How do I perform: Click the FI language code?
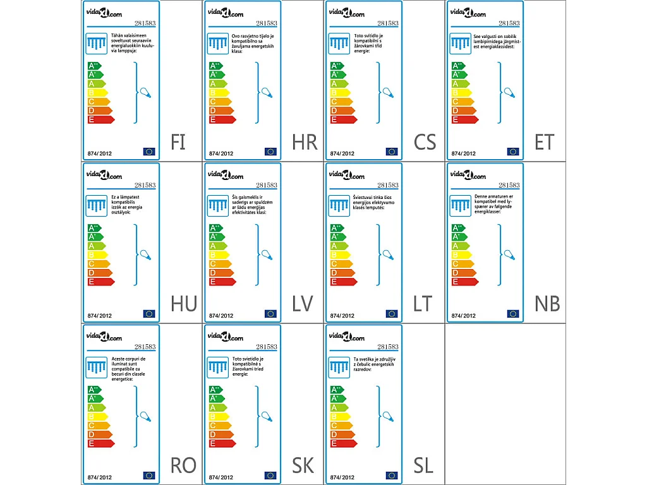tap(178, 142)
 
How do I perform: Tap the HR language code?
tap(305, 142)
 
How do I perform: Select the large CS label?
tap(425, 142)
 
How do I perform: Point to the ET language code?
tap(544, 142)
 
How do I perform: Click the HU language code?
tap(183, 304)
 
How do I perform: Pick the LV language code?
tap(303, 304)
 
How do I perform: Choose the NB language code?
tap(547, 304)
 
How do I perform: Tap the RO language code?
tap(183, 465)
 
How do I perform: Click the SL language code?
tap(423, 465)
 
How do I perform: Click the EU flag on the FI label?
tap(149, 152)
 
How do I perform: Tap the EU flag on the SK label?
tap(270, 475)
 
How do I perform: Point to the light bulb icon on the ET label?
tap(509, 92)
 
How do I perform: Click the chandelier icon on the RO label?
tap(97, 368)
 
